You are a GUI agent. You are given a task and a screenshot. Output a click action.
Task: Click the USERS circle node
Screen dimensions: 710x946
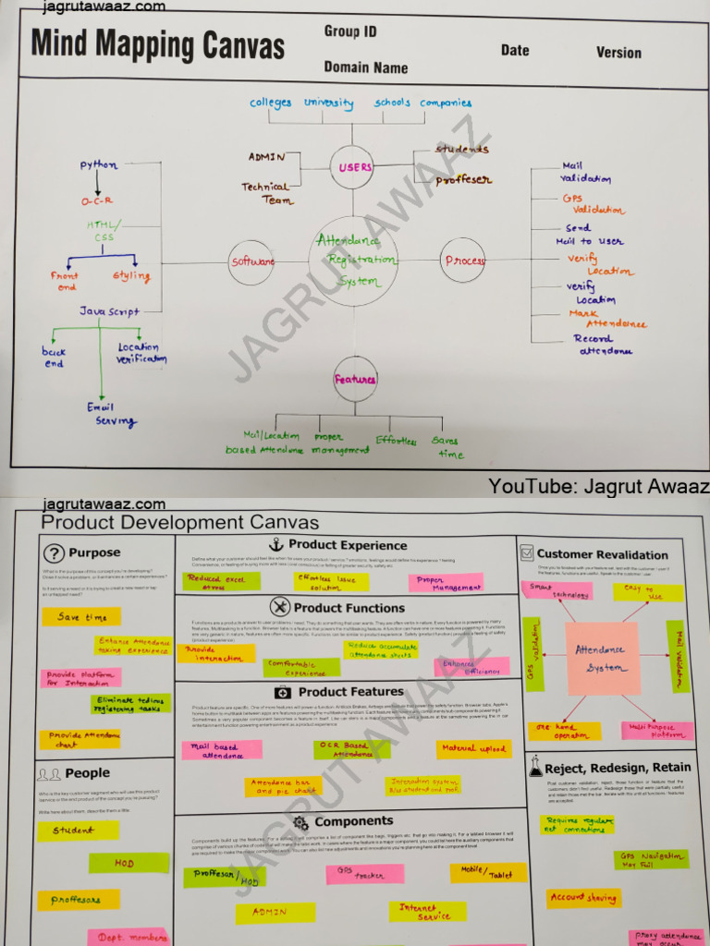point(354,168)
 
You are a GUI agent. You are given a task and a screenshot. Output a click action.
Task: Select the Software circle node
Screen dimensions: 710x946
point(252,262)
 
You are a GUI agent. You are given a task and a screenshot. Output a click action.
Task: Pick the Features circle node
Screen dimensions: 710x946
point(355,379)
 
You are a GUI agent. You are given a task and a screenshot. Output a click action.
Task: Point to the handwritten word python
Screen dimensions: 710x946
point(99,165)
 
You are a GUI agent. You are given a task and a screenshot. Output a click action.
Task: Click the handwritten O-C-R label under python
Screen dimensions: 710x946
point(97,201)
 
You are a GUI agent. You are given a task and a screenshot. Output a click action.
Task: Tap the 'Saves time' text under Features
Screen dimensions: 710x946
point(449,447)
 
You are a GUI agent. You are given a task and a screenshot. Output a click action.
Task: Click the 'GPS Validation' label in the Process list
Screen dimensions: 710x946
point(593,204)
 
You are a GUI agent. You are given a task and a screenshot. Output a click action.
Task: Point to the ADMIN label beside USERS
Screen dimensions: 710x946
point(266,157)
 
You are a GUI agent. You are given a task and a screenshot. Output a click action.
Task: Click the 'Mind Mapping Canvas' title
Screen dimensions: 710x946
point(158,44)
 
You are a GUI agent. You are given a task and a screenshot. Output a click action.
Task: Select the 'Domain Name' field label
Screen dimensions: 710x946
point(365,67)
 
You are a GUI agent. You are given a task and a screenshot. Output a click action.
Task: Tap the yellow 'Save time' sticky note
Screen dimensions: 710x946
point(82,616)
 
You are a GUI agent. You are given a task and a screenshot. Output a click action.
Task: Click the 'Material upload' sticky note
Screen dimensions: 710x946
point(473,748)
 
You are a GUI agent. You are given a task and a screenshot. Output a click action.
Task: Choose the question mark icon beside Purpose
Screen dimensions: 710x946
point(55,553)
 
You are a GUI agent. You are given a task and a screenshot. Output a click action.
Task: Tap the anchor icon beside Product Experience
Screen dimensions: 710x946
point(275,544)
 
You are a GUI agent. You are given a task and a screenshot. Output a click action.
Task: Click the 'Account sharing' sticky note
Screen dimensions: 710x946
point(583,897)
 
